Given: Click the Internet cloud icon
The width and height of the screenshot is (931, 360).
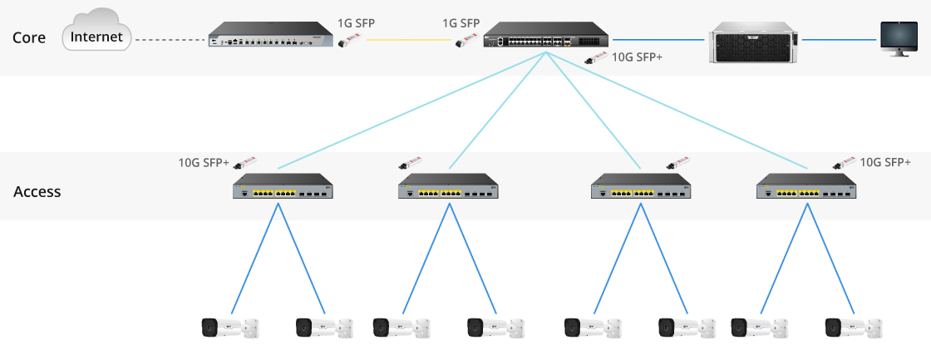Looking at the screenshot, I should (x=96, y=37).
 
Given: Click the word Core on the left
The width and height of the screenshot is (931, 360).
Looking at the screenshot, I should (x=29, y=38).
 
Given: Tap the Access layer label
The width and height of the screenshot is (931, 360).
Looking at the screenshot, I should (x=37, y=192).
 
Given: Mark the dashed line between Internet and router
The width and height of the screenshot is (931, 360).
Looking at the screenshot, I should (x=170, y=39).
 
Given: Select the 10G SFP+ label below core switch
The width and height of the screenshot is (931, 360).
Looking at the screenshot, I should (x=637, y=57).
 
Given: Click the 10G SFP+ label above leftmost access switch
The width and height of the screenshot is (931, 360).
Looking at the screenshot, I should (x=204, y=162).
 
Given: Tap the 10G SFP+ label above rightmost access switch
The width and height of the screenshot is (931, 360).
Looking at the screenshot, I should (x=885, y=162).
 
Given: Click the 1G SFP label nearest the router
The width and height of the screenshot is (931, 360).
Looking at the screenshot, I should (x=356, y=22).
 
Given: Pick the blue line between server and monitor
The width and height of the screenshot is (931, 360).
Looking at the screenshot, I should (x=840, y=39).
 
